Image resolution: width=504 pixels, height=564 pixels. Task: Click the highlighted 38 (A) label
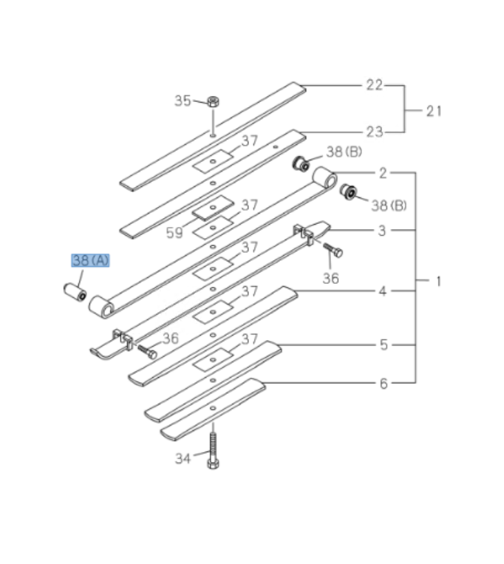point(90,260)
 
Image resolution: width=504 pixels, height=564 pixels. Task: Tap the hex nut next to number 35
point(212,101)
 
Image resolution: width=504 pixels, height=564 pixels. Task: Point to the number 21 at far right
point(434,111)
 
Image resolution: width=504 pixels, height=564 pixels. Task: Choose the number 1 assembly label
point(438,281)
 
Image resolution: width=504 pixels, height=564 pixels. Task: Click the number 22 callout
point(375,85)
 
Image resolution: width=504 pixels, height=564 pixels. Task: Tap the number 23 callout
point(375,132)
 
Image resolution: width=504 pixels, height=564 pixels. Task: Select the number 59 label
point(174,234)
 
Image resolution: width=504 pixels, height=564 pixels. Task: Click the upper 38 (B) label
point(344,152)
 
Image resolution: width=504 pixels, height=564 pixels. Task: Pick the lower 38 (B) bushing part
point(348,193)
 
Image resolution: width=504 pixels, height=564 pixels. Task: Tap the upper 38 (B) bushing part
point(301,163)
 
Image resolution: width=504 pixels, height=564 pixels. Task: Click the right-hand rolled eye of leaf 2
point(325,179)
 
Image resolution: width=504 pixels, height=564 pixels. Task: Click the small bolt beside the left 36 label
point(147,351)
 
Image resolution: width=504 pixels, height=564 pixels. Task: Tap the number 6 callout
point(383,384)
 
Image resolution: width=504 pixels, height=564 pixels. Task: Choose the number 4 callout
point(383,291)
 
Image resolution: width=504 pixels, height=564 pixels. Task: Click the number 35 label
point(183,101)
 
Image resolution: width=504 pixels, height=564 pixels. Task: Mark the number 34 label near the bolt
point(183,459)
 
